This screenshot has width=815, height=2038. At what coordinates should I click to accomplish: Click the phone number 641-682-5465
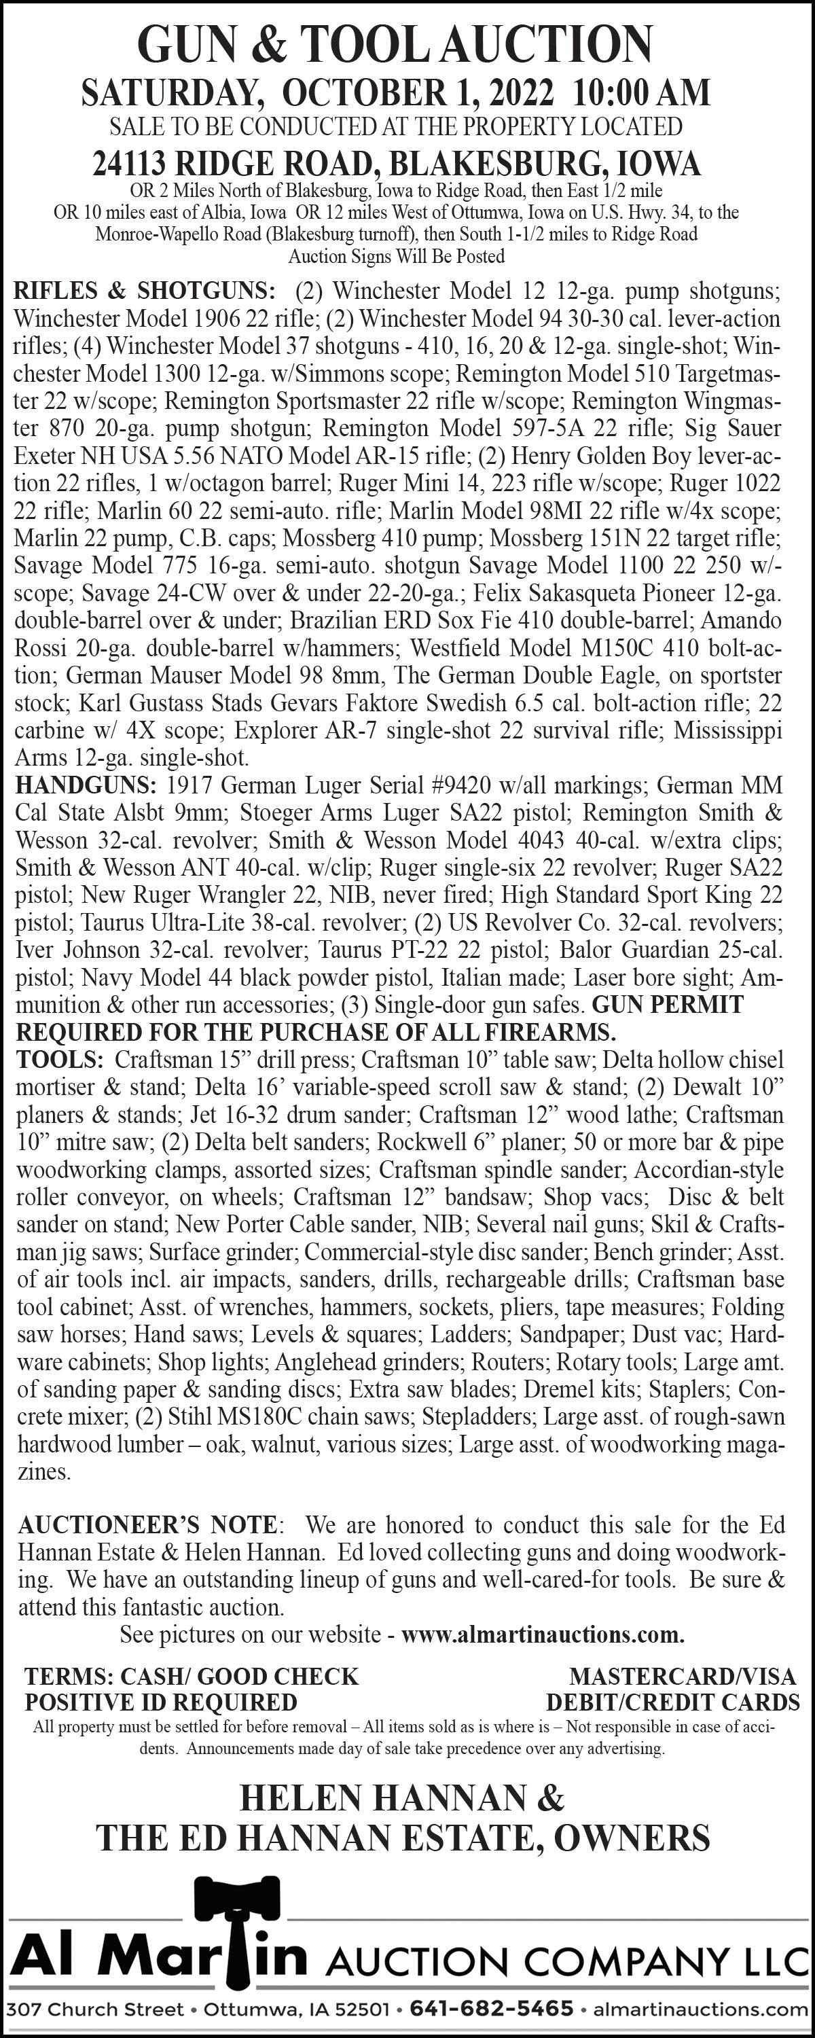point(492,2009)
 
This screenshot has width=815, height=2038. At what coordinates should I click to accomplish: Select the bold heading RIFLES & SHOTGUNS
point(145,290)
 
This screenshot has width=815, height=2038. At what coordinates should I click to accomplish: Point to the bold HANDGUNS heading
point(86,785)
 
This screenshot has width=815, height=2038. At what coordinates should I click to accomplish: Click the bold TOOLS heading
point(59,1059)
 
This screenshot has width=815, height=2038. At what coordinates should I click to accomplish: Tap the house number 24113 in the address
point(129,164)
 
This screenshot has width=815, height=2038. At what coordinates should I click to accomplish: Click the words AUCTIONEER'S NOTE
point(147,1524)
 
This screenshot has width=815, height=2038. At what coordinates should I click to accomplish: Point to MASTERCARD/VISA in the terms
point(682,1677)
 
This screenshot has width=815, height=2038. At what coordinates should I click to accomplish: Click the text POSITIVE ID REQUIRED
point(161,1702)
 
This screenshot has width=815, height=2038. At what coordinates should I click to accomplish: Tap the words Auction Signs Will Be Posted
point(397,256)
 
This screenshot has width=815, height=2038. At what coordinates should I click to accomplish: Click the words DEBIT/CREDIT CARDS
point(672,1702)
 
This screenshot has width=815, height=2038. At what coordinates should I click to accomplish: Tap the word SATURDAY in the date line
point(173,93)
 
